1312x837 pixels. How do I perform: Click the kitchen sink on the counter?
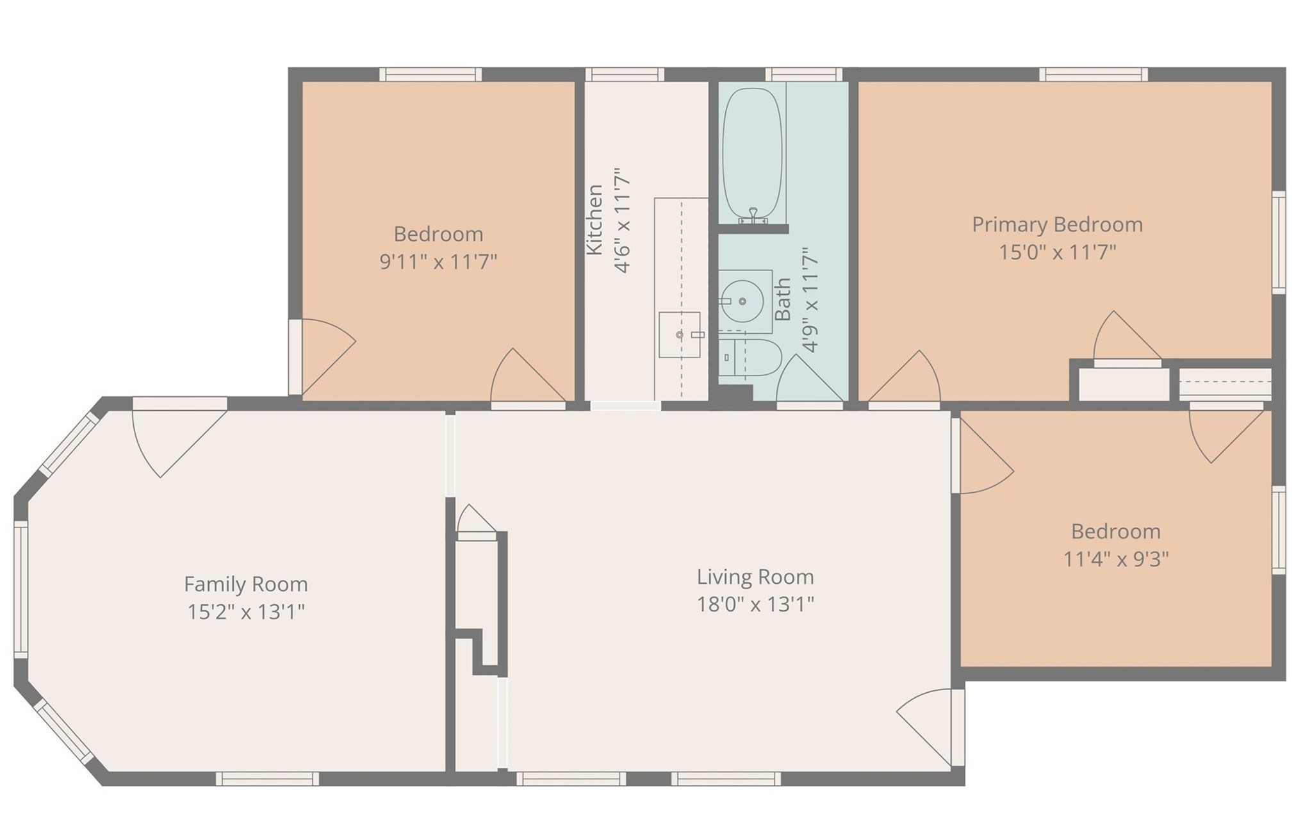tap(680, 335)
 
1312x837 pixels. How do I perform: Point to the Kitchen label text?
tap(595, 220)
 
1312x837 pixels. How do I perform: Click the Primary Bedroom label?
tap(1057, 225)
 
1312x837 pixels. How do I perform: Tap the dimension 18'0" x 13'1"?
tap(755, 604)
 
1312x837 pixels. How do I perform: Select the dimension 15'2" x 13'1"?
tap(245, 612)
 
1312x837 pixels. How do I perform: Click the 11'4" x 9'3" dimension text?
tap(1116, 559)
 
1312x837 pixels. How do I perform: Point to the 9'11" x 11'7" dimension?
tap(438, 261)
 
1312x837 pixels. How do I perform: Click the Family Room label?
tap(245, 584)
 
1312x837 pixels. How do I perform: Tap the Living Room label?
tap(755, 577)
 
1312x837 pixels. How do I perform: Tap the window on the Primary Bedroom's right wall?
tap(1278, 242)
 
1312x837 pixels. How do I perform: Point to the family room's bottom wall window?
tap(267, 779)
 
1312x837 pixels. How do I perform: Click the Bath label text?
tap(783, 299)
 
